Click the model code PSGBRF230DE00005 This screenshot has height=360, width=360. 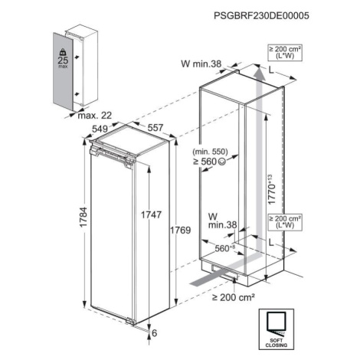tap(261, 16)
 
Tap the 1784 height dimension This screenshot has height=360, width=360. tap(83, 217)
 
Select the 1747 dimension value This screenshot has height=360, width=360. tap(152, 214)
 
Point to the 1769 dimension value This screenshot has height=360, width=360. tap(181, 231)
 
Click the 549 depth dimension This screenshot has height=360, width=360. tap(100, 129)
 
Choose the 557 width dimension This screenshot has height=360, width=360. tap(155, 127)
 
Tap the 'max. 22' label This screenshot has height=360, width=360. tap(95, 116)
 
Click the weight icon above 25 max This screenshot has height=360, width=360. tap(63, 52)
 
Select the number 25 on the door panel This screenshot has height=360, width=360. tap(63, 61)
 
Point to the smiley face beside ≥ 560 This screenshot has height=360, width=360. tap(221, 161)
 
